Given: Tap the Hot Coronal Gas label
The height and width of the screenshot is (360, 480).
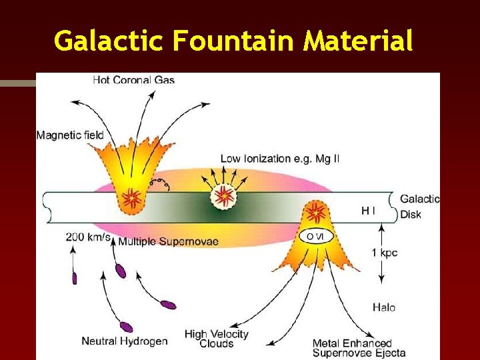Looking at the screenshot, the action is pos(133,80).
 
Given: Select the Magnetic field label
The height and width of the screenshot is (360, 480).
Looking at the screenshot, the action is pos(70,135).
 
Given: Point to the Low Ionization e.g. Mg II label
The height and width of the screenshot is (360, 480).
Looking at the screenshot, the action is pos(280,159).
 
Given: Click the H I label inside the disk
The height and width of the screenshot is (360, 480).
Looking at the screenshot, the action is pos(368,211).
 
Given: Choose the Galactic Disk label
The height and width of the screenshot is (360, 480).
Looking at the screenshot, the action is pos(419,206).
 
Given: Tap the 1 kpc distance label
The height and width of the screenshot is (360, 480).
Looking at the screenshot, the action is pos(385,253).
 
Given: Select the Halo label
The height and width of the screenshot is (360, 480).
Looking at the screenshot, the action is pos(383,307).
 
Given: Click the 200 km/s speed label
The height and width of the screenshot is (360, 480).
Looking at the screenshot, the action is pos(88,237).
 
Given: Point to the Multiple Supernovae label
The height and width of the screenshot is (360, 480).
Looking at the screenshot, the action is pos(168,241).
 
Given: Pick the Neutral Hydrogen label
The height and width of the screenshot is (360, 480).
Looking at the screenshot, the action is pos(125,341).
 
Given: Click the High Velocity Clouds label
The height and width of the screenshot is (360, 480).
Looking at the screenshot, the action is pos(217,339).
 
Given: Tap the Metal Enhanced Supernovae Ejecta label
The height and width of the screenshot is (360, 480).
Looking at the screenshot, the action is pos(359,348).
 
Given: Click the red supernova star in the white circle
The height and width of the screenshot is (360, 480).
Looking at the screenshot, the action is pos(224,195).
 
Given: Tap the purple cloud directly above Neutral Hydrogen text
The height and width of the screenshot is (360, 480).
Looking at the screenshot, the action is pos(125,327).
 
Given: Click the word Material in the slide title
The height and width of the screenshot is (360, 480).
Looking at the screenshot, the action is pos(359,41).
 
